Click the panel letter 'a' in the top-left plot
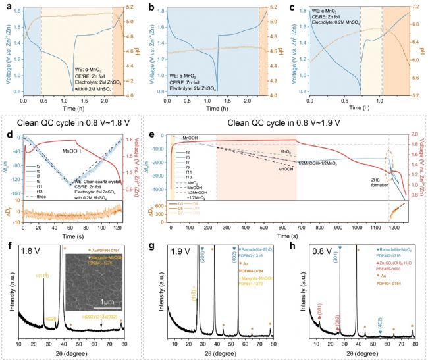click(8, 6)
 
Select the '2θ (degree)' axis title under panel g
click(214, 353)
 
